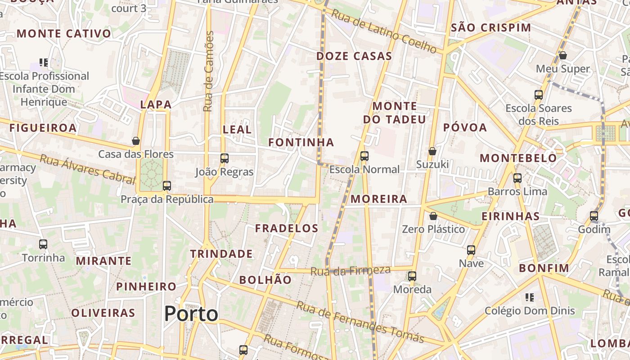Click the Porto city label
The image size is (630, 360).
[191, 314]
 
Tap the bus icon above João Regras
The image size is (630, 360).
[225, 158]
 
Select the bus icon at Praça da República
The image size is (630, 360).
[167, 185]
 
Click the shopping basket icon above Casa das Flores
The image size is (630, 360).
[136, 141]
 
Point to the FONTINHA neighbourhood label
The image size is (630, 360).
[301, 142]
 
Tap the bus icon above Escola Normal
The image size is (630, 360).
[364, 156]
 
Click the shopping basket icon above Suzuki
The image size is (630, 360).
[432, 151]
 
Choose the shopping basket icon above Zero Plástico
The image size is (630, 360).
[433, 216]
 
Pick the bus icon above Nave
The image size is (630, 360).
[471, 250]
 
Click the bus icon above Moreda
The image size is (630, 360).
[412, 276]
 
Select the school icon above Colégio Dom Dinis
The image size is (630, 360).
[530, 297]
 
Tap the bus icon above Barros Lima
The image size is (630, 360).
[517, 178]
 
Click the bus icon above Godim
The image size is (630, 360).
[594, 216]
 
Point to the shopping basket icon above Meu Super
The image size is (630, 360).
[562, 55]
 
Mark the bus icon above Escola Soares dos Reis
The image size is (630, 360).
[539, 95]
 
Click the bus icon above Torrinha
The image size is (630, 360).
[43, 244]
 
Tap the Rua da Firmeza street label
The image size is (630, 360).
[351, 270]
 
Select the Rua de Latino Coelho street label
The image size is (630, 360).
[384, 32]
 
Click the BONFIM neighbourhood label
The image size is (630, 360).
[544, 268]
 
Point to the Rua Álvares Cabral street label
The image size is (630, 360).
[87, 169]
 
